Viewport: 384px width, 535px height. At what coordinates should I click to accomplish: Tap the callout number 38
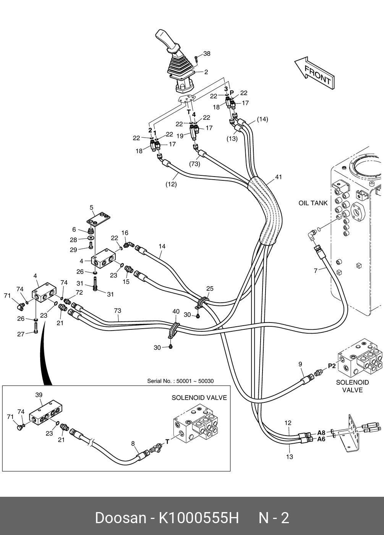(206, 54)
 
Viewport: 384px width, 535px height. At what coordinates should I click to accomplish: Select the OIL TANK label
(313, 203)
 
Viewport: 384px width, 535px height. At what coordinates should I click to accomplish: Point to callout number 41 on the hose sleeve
(279, 177)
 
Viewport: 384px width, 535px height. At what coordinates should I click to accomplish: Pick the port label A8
(321, 433)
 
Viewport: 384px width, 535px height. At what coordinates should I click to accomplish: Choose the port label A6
(321, 439)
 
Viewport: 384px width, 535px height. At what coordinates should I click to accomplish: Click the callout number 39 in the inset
(39, 395)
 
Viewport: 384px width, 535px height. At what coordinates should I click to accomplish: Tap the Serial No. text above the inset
(180, 381)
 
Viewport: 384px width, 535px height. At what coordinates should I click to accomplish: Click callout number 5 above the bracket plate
(92, 208)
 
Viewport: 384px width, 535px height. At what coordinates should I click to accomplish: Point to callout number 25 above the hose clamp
(210, 289)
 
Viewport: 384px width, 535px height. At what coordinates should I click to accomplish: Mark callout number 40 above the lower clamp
(176, 312)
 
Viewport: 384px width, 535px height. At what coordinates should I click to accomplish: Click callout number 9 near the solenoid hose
(300, 364)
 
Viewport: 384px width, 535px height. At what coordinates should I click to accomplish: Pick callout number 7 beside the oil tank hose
(316, 271)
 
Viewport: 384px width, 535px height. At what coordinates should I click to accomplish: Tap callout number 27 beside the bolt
(21, 334)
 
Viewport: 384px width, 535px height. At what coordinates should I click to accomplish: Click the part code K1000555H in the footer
(199, 518)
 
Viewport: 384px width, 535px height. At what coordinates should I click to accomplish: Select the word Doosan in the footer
(120, 518)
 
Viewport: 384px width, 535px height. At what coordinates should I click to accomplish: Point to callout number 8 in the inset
(133, 444)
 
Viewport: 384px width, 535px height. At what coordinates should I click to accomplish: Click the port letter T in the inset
(167, 442)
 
